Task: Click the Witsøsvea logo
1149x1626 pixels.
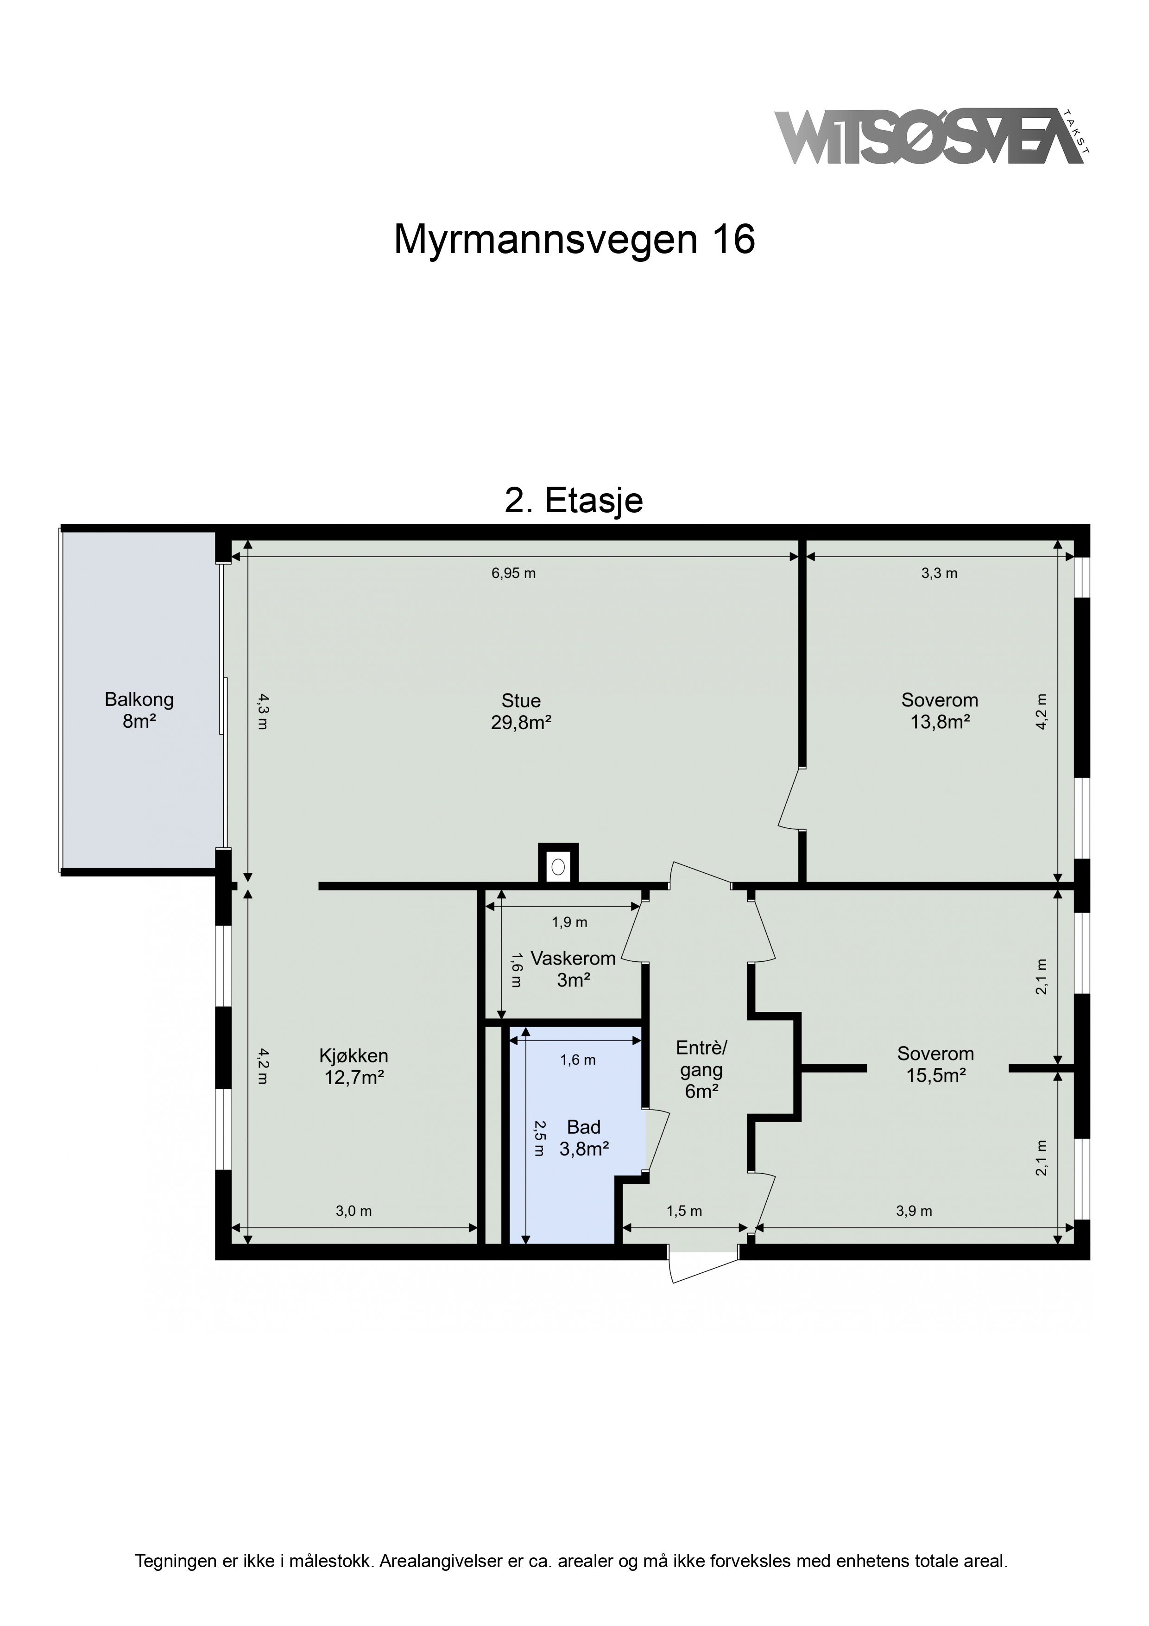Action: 932,137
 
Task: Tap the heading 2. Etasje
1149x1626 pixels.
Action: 574,500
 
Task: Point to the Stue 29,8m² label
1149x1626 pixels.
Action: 521,712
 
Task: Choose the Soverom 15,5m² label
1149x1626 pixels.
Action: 935,1064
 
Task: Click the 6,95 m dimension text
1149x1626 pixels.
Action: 513,573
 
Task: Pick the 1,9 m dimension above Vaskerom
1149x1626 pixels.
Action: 569,922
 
